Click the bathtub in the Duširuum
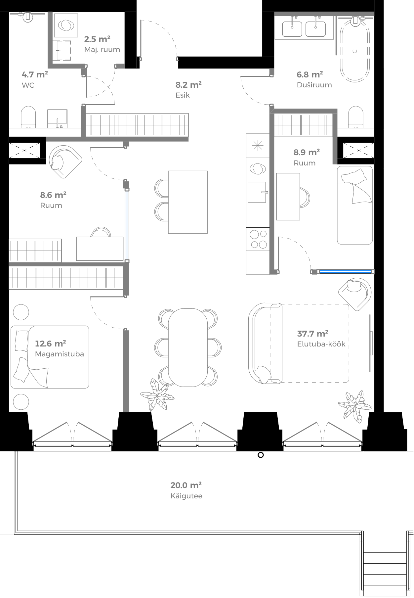(355, 51)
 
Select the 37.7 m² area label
(312, 334)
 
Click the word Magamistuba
(60, 354)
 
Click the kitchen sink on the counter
(257, 192)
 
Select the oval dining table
(188, 347)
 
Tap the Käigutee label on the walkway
(186, 496)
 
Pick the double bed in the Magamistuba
(50, 357)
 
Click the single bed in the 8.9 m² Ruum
(355, 205)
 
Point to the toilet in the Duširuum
(356, 116)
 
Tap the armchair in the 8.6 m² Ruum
(65, 161)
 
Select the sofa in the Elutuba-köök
(265, 343)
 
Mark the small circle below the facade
(261, 455)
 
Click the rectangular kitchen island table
(188, 202)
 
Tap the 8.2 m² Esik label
(188, 90)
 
